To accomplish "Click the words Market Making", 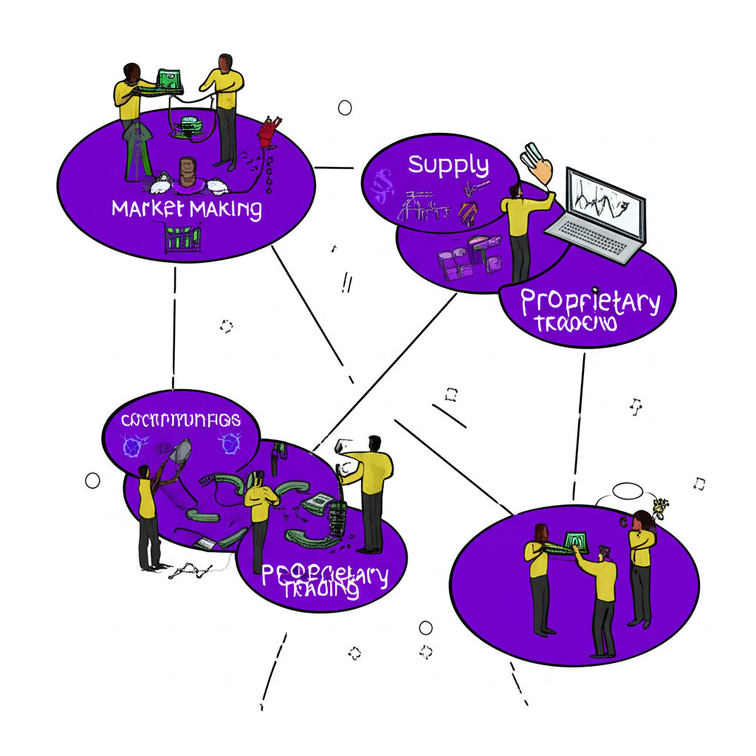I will click(186, 209).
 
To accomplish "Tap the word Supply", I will click(449, 165).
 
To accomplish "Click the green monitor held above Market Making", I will click(169, 79).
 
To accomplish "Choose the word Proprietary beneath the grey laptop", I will click(590, 302).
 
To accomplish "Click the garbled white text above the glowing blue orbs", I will click(181, 420).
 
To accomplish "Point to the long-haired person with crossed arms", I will click(641, 561).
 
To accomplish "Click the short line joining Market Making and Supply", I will click(334, 168).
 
